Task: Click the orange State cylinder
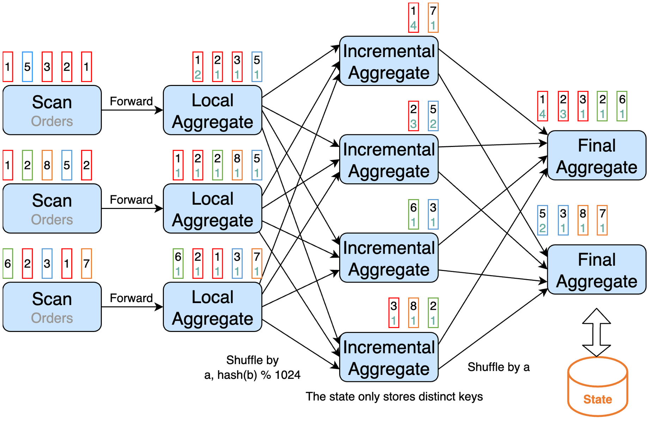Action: click(597, 388)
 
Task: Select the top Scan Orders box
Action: click(52, 110)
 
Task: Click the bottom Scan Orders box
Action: click(52, 307)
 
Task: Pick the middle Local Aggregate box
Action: click(212, 208)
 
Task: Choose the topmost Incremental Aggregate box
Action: click(389, 61)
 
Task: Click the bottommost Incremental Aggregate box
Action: click(389, 357)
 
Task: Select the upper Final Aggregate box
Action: click(596, 155)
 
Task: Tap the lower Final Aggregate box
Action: click(596, 270)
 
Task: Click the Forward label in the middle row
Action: click(131, 199)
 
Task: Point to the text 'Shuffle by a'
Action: click(498, 367)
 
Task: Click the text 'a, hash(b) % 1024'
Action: click(252, 375)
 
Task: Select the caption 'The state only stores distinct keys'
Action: click(394, 396)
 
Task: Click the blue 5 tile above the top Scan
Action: click(27, 67)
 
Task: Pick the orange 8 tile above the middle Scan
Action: click(47, 165)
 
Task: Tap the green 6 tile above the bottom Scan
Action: click(8, 263)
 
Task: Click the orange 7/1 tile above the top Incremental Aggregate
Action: click(433, 18)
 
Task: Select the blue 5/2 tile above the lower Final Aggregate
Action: click(542, 221)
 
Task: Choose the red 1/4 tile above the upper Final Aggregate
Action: click(542, 106)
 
